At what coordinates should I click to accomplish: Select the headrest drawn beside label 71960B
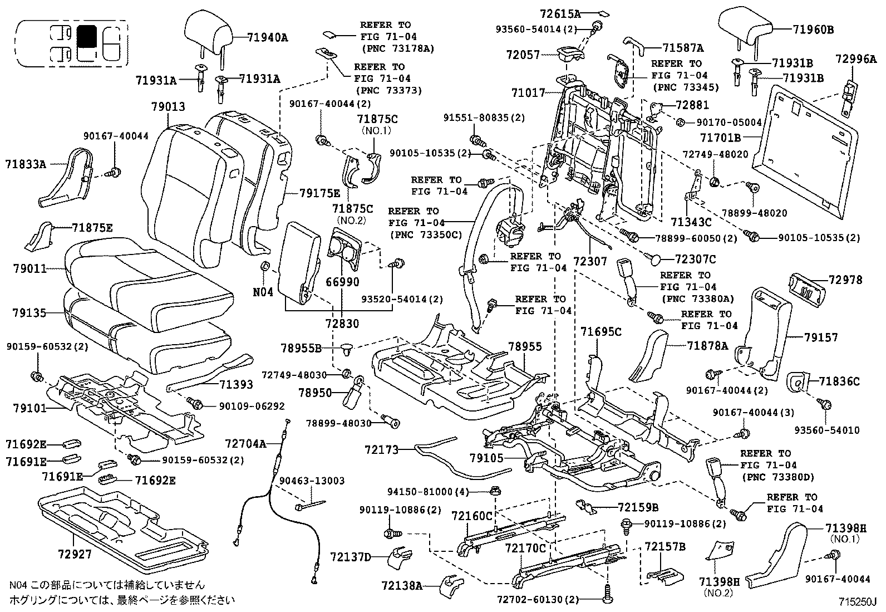745,27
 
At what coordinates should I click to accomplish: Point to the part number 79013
168,107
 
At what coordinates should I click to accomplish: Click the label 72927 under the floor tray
74,556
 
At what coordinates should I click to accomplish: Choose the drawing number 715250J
858,602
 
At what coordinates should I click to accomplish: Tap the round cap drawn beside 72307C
657,258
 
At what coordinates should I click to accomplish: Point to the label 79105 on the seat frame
486,458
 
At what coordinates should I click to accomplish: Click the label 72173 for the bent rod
382,449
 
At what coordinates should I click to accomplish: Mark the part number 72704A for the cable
245,443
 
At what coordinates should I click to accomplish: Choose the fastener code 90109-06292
244,406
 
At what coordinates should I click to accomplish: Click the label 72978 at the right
845,280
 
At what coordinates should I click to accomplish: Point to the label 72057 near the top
523,55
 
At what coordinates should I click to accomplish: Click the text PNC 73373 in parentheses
388,90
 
